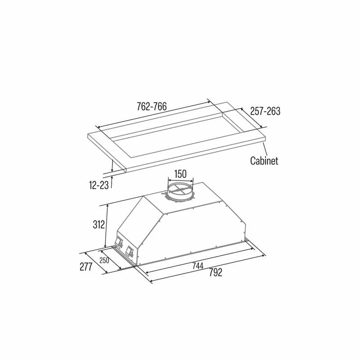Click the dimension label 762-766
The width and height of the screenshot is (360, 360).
click(152, 107)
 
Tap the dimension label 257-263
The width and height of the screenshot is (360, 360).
click(265, 111)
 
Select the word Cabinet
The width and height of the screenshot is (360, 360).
click(264, 161)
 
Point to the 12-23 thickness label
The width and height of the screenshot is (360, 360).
click(99, 185)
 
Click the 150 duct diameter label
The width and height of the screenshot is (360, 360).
click(180, 174)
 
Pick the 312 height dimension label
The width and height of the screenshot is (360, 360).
click(99, 225)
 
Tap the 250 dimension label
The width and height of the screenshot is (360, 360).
click(104, 261)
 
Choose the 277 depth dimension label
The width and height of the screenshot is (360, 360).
click(86, 266)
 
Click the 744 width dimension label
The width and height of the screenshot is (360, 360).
click(198, 265)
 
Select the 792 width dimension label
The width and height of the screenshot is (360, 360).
click(216, 273)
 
